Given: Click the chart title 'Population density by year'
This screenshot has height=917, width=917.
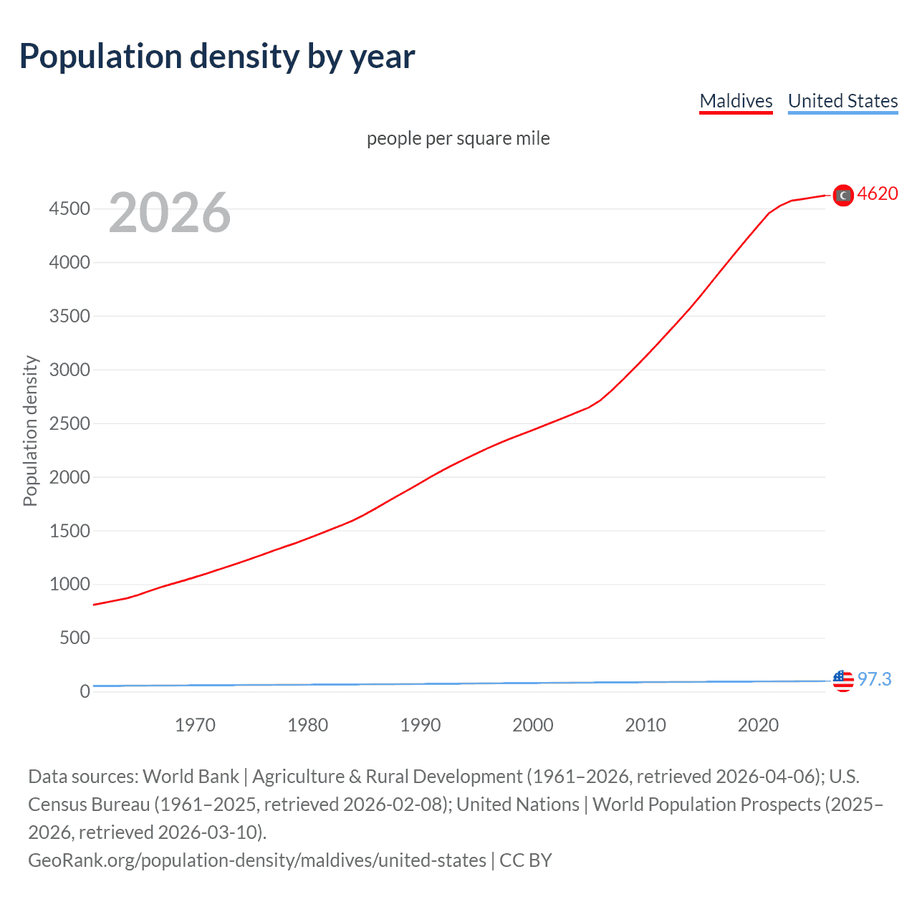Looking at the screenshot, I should (x=217, y=57).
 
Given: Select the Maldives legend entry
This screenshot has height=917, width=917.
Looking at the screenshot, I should (x=736, y=101).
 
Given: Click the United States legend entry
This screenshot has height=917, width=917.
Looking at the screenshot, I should (x=842, y=101).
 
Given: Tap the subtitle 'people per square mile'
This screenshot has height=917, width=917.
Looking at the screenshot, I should (x=458, y=138).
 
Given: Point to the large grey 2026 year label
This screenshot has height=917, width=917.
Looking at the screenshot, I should (x=170, y=213).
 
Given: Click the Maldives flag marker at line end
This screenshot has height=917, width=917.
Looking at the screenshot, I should (x=843, y=195).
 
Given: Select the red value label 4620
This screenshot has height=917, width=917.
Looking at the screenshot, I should (x=878, y=194).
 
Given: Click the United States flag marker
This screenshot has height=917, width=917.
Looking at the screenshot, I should (x=843, y=681).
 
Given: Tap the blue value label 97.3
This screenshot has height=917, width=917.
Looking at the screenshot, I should (x=875, y=679).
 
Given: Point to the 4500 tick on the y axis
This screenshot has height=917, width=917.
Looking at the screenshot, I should (x=69, y=209).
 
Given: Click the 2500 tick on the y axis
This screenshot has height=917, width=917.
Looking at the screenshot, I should (x=69, y=423).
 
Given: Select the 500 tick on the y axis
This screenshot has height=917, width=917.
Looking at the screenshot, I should (x=75, y=638).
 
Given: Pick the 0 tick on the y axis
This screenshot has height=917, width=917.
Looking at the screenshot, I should (x=85, y=691).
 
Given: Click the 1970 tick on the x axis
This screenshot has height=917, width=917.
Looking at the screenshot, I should (x=195, y=725).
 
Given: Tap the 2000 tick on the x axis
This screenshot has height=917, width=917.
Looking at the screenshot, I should (x=533, y=725).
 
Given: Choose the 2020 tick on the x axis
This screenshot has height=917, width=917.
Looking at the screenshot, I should (x=758, y=725).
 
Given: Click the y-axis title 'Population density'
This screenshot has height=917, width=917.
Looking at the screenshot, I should (x=30, y=431).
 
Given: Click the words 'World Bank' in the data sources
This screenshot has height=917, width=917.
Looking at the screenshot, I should (x=191, y=777).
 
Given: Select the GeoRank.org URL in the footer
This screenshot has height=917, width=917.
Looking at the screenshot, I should (x=257, y=860).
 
